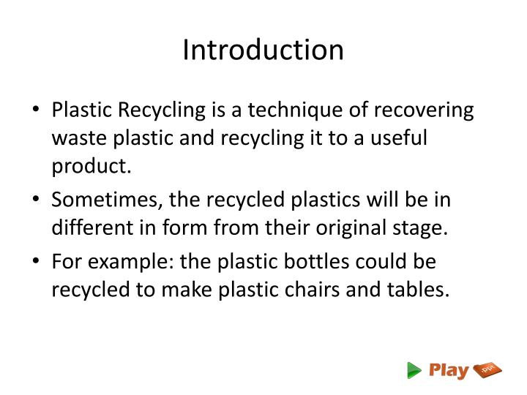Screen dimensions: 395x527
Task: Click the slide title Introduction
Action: coord(263,50)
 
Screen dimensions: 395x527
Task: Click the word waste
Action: coord(76,138)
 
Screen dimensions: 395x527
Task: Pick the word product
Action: coord(91,166)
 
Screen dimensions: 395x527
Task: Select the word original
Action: coord(345,227)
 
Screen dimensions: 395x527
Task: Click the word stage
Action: coord(420,227)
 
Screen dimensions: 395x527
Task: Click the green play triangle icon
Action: coord(414,371)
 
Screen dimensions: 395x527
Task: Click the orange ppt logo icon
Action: coord(488,371)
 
